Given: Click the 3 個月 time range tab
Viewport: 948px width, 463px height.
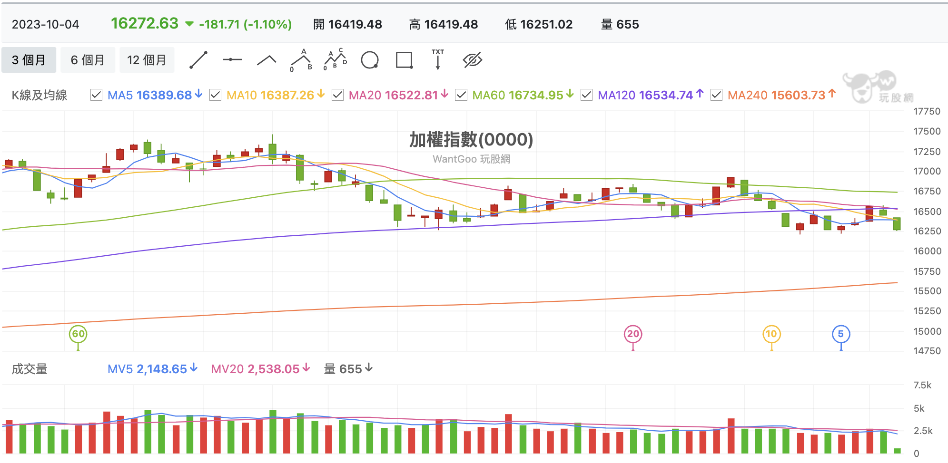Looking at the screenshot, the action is pos(29,60).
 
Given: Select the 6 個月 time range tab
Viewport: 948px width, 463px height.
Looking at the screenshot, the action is pos(88,60).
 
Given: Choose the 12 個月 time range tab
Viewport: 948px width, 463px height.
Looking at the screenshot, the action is pos(147,60).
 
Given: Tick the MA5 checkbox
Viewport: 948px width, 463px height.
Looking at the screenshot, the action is pos(96,95).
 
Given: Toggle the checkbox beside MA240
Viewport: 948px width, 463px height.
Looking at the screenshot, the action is pos(716,95).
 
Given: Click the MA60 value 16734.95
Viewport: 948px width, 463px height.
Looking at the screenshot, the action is pos(536,95).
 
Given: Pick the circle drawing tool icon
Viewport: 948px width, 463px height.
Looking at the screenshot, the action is pos(370,60).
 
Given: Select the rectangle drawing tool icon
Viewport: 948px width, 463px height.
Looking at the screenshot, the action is pos(405,60).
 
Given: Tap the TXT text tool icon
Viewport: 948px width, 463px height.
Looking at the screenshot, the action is pos(438,59).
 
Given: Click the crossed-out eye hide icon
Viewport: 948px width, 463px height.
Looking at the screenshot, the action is pos(473,60).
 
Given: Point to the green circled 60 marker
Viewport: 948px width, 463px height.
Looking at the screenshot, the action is pos(78,334).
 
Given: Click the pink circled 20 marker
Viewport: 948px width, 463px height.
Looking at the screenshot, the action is pos(633,334).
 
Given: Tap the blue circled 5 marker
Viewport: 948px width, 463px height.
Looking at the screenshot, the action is pos(841,334).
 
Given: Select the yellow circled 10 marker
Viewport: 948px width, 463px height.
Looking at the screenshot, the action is pos(771,334).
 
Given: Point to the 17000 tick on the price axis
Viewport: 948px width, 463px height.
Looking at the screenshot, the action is pos(927,171).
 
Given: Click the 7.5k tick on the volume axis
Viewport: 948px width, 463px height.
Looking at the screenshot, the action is pos(922,385).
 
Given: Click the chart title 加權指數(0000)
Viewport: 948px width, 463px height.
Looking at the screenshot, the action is pos(471,140).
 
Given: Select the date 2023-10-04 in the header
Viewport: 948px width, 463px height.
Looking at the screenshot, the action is pos(46,24).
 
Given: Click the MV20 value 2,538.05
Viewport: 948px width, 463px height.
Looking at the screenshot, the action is pos(273,369).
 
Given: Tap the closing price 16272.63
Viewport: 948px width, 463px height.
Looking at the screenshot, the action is pos(145,23).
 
